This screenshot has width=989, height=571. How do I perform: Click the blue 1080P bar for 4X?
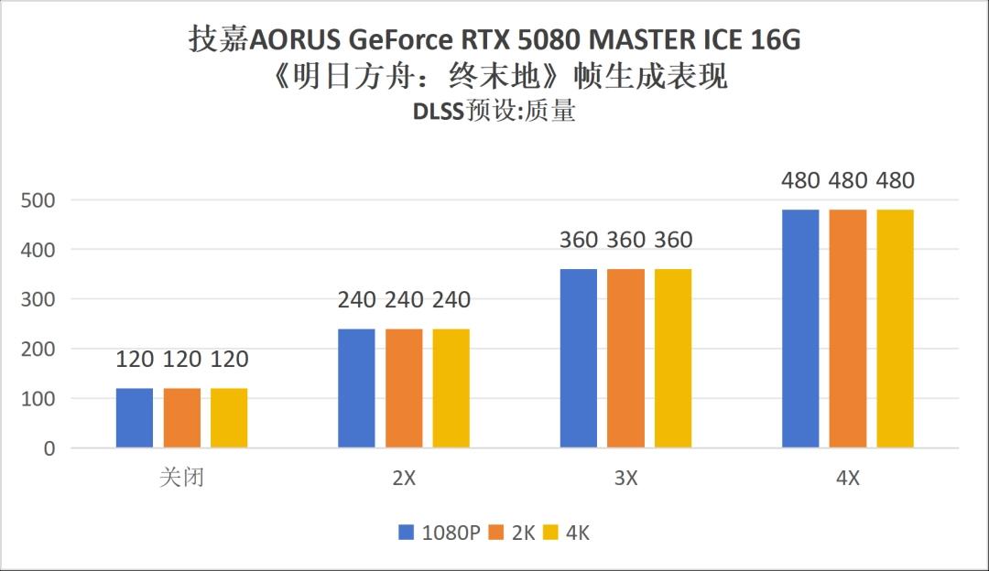(800, 329)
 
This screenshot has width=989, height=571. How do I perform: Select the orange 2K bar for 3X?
(625, 358)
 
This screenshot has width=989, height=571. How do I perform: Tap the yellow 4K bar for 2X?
(451, 388)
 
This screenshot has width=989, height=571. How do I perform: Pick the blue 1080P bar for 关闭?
(135, 418)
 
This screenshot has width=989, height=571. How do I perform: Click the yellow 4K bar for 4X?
(895, 329)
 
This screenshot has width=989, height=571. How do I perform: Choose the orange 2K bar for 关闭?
(181, 418)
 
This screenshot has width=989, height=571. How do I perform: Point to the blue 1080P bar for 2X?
(356, 388)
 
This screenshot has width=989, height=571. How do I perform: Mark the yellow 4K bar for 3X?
(673, 358)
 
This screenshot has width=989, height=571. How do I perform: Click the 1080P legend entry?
(440, 533)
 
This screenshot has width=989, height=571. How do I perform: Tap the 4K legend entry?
(567, 533)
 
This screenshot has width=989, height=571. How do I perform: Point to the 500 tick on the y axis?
(38, 199)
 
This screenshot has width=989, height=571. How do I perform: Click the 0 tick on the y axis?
(49, 448)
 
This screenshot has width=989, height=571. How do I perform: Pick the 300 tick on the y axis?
(38, 299)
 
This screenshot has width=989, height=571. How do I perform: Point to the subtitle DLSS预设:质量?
(494, 112)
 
